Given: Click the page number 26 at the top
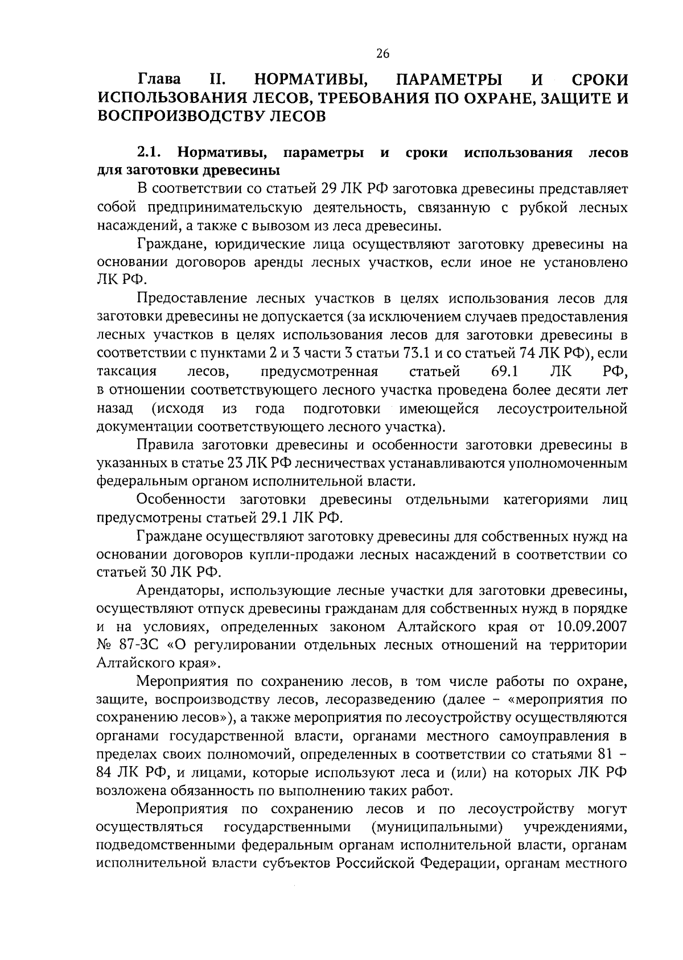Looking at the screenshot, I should tap(382, 54).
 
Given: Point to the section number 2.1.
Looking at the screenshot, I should tap(150, 153).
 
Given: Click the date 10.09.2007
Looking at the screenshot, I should tap(590, 627).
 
